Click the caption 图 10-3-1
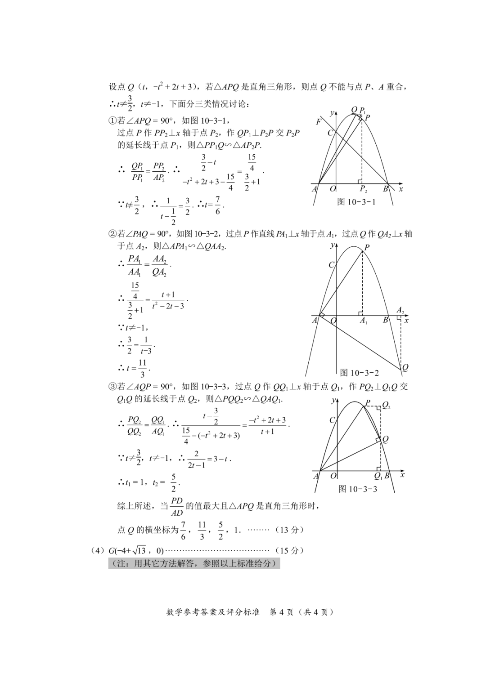click(356, 202)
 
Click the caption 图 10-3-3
click(358, 489)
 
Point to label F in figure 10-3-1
click(319, 122)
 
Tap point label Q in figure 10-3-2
click(405, 367)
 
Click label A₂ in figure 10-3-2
click(400, 310)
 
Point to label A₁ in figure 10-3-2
click(363, 321)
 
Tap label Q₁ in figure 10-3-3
click(378, 476)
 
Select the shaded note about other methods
click(193, 563)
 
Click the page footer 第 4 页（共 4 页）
click(301, 612)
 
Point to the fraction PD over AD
click(177, 506)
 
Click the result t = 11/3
click(135, 368)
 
